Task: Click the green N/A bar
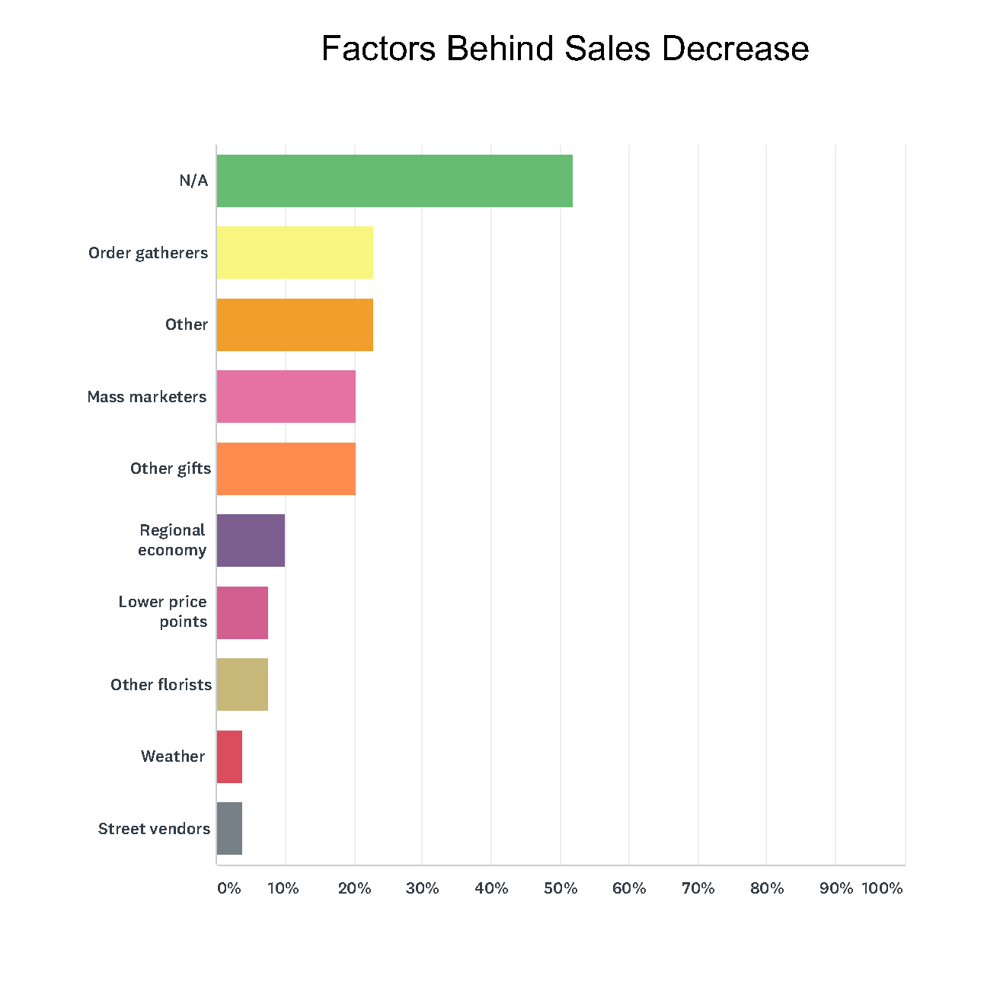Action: coord(395,181)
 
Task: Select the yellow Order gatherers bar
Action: coord(295,252)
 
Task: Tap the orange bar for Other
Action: coord(295,325)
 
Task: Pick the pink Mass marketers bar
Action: coord(286,396)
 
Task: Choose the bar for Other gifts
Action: coord(286,469)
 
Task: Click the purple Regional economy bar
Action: coord(251,540)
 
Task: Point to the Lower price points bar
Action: coord(242,612)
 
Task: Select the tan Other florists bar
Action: coord(242,684)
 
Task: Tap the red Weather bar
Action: coord(229,756)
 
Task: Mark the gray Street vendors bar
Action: coord(229,828)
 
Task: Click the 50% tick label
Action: coord(561,888)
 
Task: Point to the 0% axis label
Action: coord(228,888)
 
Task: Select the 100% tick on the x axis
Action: coord(882,888)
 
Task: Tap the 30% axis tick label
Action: coord(423,888)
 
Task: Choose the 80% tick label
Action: coord(767,888)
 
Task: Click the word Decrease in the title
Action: coord(735,49)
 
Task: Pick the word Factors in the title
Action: coord(379,49)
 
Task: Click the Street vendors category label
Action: coord(154,829)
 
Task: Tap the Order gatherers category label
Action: coord(148,253)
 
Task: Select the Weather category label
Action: coord(173,756)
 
